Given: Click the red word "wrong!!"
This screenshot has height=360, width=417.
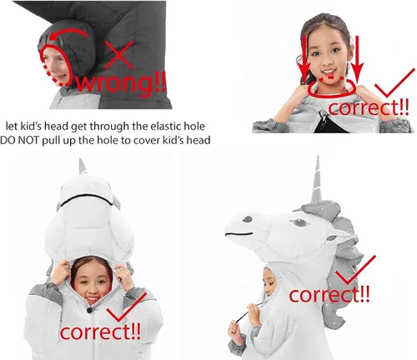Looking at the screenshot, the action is [x=121, y=82].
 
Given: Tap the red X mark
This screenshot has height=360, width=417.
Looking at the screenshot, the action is [x=119, y=55].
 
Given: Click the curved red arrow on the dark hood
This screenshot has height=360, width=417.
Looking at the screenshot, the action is [x=68, y=34].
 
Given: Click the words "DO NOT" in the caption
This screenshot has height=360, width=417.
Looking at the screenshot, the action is [x=19, y=140].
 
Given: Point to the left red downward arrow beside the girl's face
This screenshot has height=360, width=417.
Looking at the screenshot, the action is [x=305, y=59].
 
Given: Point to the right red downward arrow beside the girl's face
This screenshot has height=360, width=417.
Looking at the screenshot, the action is [x=357, y=59].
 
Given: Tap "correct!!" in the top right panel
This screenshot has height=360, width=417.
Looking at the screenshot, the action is [x=369, y=107].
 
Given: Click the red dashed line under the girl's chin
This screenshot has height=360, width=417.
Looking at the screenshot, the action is [x=331, y=77].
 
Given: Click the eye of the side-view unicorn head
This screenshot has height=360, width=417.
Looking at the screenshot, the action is [x=299, y=222].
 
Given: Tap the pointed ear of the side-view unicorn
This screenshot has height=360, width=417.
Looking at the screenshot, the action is [x=339, y=234].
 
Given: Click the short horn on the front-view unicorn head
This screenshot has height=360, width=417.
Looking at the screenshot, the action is [x=83, y=167].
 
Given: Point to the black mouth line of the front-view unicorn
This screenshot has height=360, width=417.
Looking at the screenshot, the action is [x=87, y=199].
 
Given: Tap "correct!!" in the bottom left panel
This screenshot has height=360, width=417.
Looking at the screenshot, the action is [x=100, y=332].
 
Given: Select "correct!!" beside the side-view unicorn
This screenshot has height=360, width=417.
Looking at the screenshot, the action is [x=329, y=294].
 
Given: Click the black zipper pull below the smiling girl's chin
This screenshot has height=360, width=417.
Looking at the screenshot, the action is [x=89, y=310].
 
